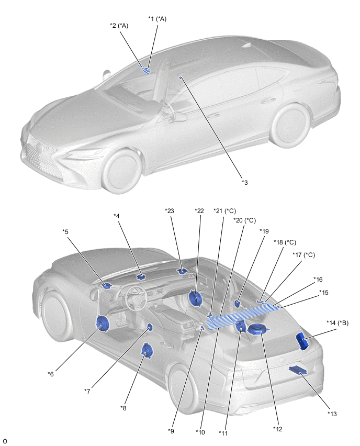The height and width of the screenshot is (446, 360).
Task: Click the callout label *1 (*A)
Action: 157,19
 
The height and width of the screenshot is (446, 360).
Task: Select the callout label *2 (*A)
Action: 119,25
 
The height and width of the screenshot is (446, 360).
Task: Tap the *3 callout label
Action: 244,182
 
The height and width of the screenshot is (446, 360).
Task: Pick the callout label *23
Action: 170,211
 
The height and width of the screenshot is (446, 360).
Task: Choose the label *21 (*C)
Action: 224,211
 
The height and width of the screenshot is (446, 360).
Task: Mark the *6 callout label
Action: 51,374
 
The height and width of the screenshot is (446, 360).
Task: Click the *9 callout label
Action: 171,431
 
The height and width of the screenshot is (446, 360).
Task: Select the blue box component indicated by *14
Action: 303,340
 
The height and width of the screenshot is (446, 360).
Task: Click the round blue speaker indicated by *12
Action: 258,329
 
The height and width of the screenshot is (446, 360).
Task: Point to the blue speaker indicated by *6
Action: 101,325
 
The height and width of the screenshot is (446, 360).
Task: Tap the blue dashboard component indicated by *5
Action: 107,285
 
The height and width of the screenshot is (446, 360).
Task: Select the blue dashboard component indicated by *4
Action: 141,276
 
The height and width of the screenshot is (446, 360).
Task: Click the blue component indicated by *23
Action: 182,271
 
